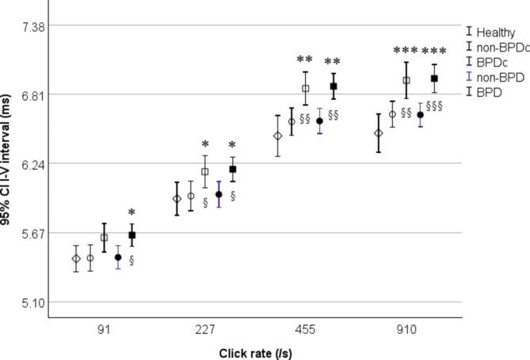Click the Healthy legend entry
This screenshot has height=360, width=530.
pyautogui.click(x=495, y=33)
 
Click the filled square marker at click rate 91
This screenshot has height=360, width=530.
pyautogui.click(x=132, y=236)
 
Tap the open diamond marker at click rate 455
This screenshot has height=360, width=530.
pyautogui.click(x=277, y=136)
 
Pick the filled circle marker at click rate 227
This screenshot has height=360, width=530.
pyautogui.click(x=219, y=194)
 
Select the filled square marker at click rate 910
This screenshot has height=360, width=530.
pyautogui.click(x=434, y=79)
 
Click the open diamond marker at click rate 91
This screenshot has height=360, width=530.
pyautogui.click(x=76, y=259)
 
